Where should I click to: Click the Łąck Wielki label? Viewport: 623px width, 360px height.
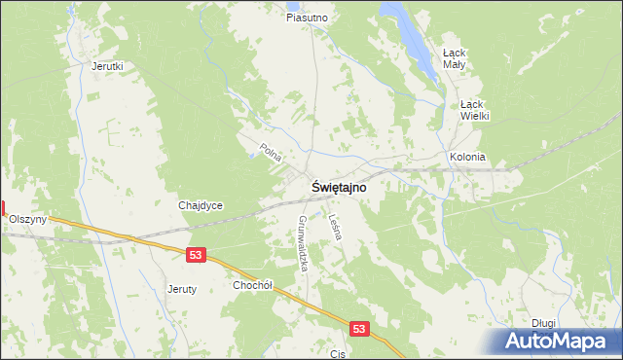point(474,110)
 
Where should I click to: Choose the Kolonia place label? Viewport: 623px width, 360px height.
point(467,157)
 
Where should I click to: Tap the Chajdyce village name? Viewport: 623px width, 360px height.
point(202,205)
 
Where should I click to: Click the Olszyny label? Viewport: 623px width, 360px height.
point(28,220)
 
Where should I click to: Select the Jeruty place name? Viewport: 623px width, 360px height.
point(182,289)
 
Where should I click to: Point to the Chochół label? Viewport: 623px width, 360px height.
point(253,285)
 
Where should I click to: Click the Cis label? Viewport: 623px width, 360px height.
point(339,354)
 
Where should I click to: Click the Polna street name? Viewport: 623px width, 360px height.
point(271,152)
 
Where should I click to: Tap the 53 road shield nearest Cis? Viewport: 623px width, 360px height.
point(360,330)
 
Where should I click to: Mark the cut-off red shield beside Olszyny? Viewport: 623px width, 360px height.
point(3,207)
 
